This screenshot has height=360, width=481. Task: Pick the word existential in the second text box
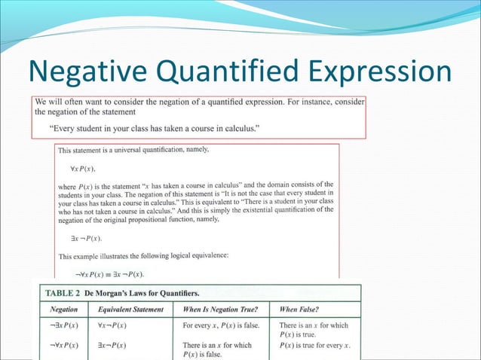tap(256, 210)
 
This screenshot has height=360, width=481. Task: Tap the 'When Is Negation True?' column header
tap(221, 309)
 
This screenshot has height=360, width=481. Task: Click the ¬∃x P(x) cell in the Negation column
tap(64, 325)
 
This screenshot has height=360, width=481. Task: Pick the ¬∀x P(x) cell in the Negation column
tap(64, 345)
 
